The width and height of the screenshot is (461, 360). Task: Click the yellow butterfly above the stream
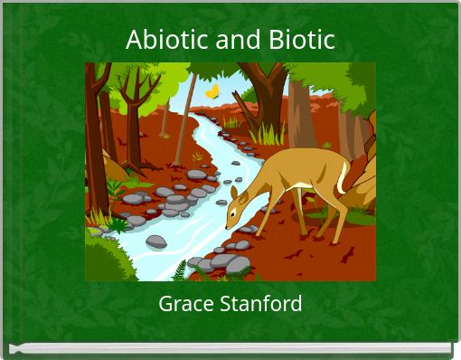(x=212, y=91)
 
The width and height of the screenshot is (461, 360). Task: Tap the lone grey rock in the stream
(x=156, y=242)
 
